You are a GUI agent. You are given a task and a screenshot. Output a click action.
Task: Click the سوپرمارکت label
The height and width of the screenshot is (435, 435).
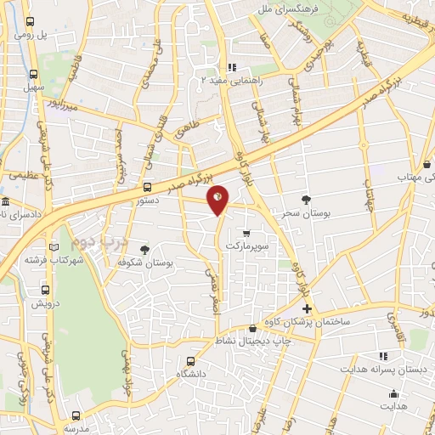point(246,245)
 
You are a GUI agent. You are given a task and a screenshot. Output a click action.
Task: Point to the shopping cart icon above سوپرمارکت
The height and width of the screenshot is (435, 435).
point(246,232)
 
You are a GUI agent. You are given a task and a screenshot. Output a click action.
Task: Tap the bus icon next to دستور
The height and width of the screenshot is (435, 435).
point(147,187)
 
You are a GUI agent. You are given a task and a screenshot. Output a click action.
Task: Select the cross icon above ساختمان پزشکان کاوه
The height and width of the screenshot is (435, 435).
point(308,309)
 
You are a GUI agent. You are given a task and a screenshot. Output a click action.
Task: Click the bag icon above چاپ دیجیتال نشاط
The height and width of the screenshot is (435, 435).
point(252,330)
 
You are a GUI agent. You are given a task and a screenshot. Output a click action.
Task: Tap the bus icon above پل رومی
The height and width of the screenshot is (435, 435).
point(31,23)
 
